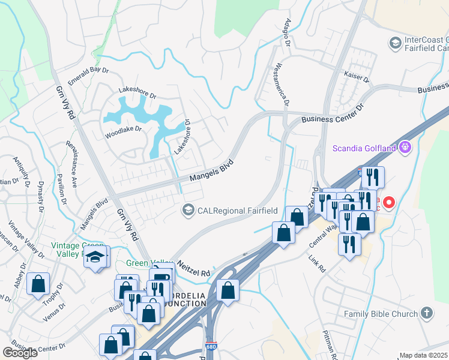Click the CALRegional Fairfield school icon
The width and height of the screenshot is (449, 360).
click(x=188, y=209)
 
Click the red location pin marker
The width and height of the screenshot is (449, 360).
click(x=388, y=202)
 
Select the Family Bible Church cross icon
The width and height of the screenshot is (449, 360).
click(x=427, y=313)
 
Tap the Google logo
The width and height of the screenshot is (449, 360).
click(x=20, y=353)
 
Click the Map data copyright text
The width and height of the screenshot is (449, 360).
click(x=424, y=355)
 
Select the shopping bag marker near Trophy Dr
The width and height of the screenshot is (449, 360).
click(x=38, y=284)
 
